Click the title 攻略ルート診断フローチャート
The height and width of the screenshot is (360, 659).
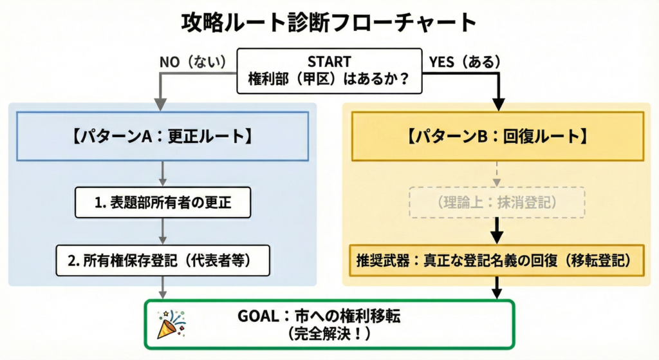[329, 23]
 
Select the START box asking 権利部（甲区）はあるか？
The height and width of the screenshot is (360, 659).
[329, 71]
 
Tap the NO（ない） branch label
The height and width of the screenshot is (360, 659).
[193, 62]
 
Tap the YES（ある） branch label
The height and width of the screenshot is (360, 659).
[464, 62]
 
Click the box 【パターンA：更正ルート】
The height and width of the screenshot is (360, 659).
[162, 137]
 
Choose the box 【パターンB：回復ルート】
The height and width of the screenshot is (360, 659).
[497, 137]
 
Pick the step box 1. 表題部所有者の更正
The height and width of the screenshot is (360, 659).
[162, 202]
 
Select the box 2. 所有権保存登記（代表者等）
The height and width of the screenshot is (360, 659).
[162, 260]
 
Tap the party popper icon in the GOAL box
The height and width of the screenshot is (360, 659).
[171, 324]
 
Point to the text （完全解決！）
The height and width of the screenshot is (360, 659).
[329, 335]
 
